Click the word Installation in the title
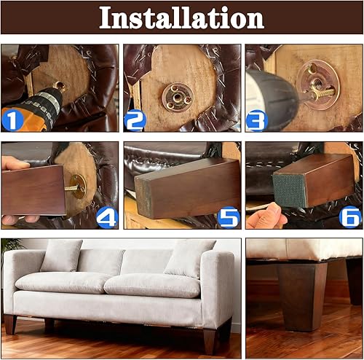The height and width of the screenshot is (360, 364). [x=181, y=17]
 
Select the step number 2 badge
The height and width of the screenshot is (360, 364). [x=135, y=120]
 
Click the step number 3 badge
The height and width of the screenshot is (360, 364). [x=256, y=120]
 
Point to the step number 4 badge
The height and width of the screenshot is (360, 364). [x=107, y=216]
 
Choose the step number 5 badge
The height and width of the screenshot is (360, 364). [x=229, y=216]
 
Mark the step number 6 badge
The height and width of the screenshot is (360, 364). [x=351, y=216]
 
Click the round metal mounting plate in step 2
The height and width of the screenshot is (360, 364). [x=177, y=93]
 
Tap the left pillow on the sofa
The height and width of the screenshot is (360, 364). [x=62, y=256]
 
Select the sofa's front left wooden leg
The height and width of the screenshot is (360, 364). [x=11, y=325]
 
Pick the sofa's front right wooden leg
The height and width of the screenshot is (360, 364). [x=209, y=340]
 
